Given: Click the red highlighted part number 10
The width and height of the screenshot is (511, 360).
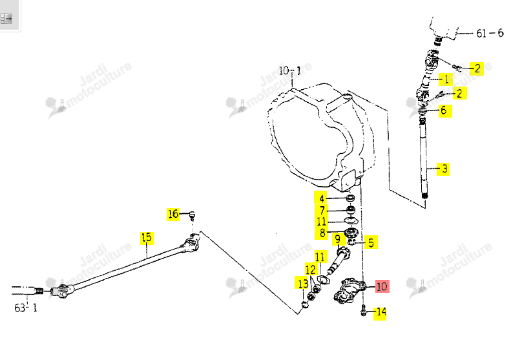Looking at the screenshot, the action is pos(382,286).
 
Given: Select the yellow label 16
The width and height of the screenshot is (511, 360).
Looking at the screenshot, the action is pos(173,214).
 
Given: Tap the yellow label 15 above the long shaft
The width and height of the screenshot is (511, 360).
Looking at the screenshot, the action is pos(147,238).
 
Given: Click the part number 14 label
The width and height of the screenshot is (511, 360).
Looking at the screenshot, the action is pos(380,312).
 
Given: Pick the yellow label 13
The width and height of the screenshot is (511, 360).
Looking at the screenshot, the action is pos(302,283).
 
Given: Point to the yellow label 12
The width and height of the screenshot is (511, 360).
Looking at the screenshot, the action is pos(311,270).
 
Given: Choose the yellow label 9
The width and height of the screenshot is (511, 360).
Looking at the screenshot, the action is pos(338,240).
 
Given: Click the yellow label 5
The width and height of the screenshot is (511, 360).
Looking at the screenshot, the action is pos(371,242).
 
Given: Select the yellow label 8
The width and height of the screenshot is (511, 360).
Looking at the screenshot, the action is pos(322,233).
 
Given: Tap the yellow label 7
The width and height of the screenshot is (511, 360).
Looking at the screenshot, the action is pos(322,210).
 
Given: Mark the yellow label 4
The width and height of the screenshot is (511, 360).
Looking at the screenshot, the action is pos(321,198).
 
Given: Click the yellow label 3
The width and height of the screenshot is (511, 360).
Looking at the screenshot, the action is pos(444,169).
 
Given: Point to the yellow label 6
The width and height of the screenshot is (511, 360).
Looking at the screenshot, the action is pos(444,111).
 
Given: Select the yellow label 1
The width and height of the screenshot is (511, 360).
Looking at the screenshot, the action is pos(446,79).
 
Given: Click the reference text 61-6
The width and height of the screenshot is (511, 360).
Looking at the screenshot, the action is pos(490,33).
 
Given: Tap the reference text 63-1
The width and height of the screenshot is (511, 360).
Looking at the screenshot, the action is pos(26,308).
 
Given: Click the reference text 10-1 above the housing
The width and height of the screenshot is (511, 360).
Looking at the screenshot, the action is pos(290,70).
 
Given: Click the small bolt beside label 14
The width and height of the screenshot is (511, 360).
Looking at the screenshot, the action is pos(363,310).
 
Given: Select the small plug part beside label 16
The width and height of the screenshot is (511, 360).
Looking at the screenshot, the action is pos(192,215).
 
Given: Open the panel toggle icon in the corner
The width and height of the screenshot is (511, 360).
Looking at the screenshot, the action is pos(6,19).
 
